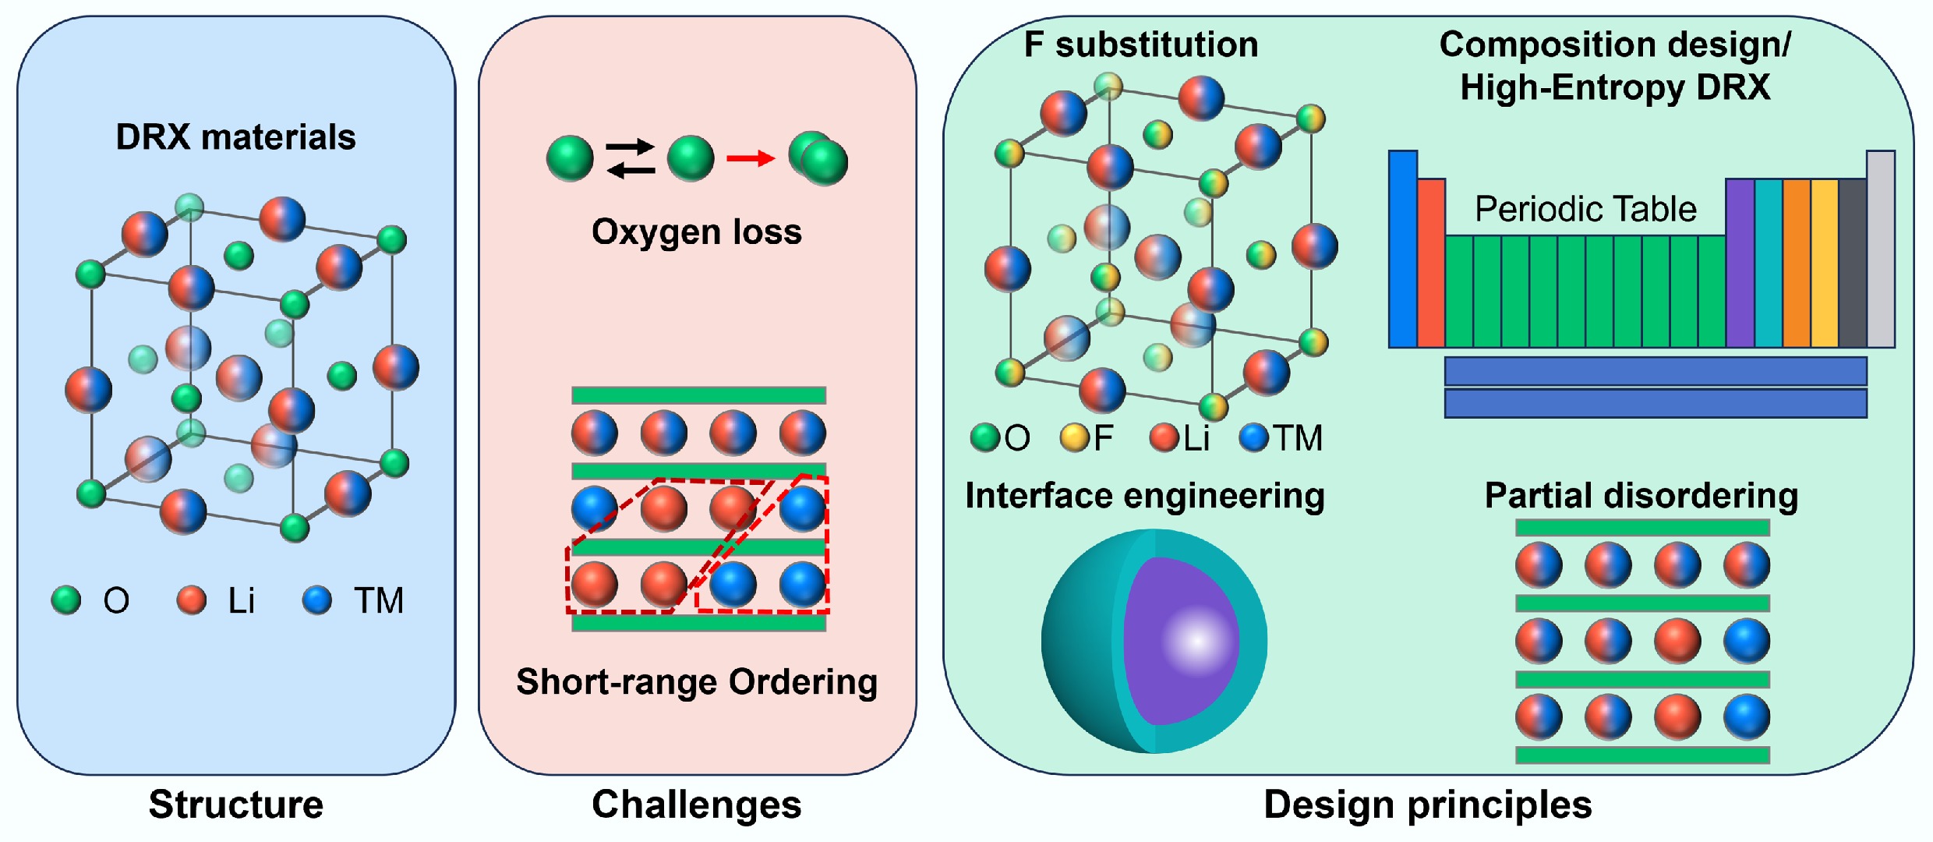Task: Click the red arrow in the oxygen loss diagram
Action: click(750, 159)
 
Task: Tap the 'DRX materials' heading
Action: click(235, 137)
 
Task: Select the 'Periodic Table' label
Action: click(1585, 209)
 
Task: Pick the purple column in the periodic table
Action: click(1740, 264)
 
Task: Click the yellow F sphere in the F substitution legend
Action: click(1073, 437)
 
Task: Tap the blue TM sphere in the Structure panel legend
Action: click(317, 600)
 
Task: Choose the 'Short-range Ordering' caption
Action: click(697, 681)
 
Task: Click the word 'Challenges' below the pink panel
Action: click(697, 805)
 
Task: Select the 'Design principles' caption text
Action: click(1428, 805)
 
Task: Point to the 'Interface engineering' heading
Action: click(1144, 496)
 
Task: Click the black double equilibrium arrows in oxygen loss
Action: click(630, 158)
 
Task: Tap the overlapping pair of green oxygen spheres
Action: click(818, 158)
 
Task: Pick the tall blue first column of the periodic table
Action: click(1402, 248)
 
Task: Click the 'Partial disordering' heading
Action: click(1641, 496)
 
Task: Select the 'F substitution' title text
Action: click(1141, 44)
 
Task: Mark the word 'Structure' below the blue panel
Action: click(235, 805)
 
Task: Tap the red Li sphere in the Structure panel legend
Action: click(191, 600)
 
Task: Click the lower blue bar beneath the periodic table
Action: click(1655, 403)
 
